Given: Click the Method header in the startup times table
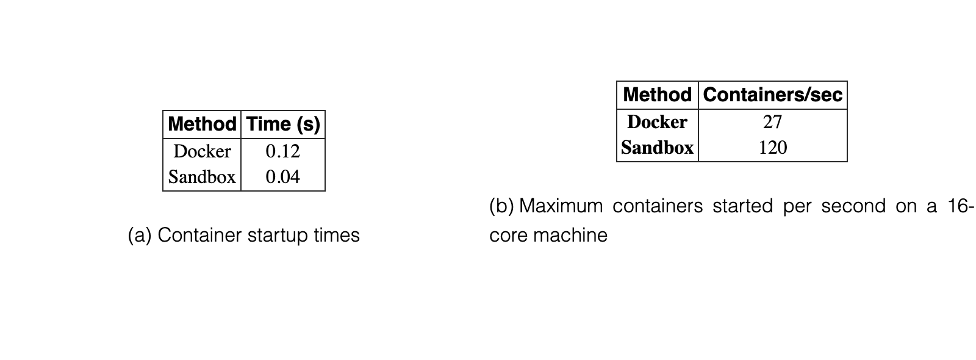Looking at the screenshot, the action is click(202, 124).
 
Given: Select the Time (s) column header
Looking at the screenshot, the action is click(283, 124).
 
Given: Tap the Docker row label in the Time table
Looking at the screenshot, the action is click(202, 151).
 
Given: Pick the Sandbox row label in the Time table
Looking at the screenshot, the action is click(202, 176).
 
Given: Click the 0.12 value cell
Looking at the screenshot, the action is click(283, 151).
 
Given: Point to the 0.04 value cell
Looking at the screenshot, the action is click(283, 176).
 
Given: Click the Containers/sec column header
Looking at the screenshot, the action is click(773, 95).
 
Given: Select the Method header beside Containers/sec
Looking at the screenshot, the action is click(658, 95).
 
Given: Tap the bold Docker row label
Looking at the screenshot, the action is click(658, 121).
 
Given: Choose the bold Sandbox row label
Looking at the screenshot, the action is click(658, 147).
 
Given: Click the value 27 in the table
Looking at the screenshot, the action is click(772, 122).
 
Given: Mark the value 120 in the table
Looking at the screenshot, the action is click(773, 147).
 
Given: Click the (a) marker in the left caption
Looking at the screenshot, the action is click(140, 236).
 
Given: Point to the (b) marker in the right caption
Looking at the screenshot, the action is click(501, 206).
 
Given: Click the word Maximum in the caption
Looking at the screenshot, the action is click(561, 206).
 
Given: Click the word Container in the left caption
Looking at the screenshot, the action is click(199, 236).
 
